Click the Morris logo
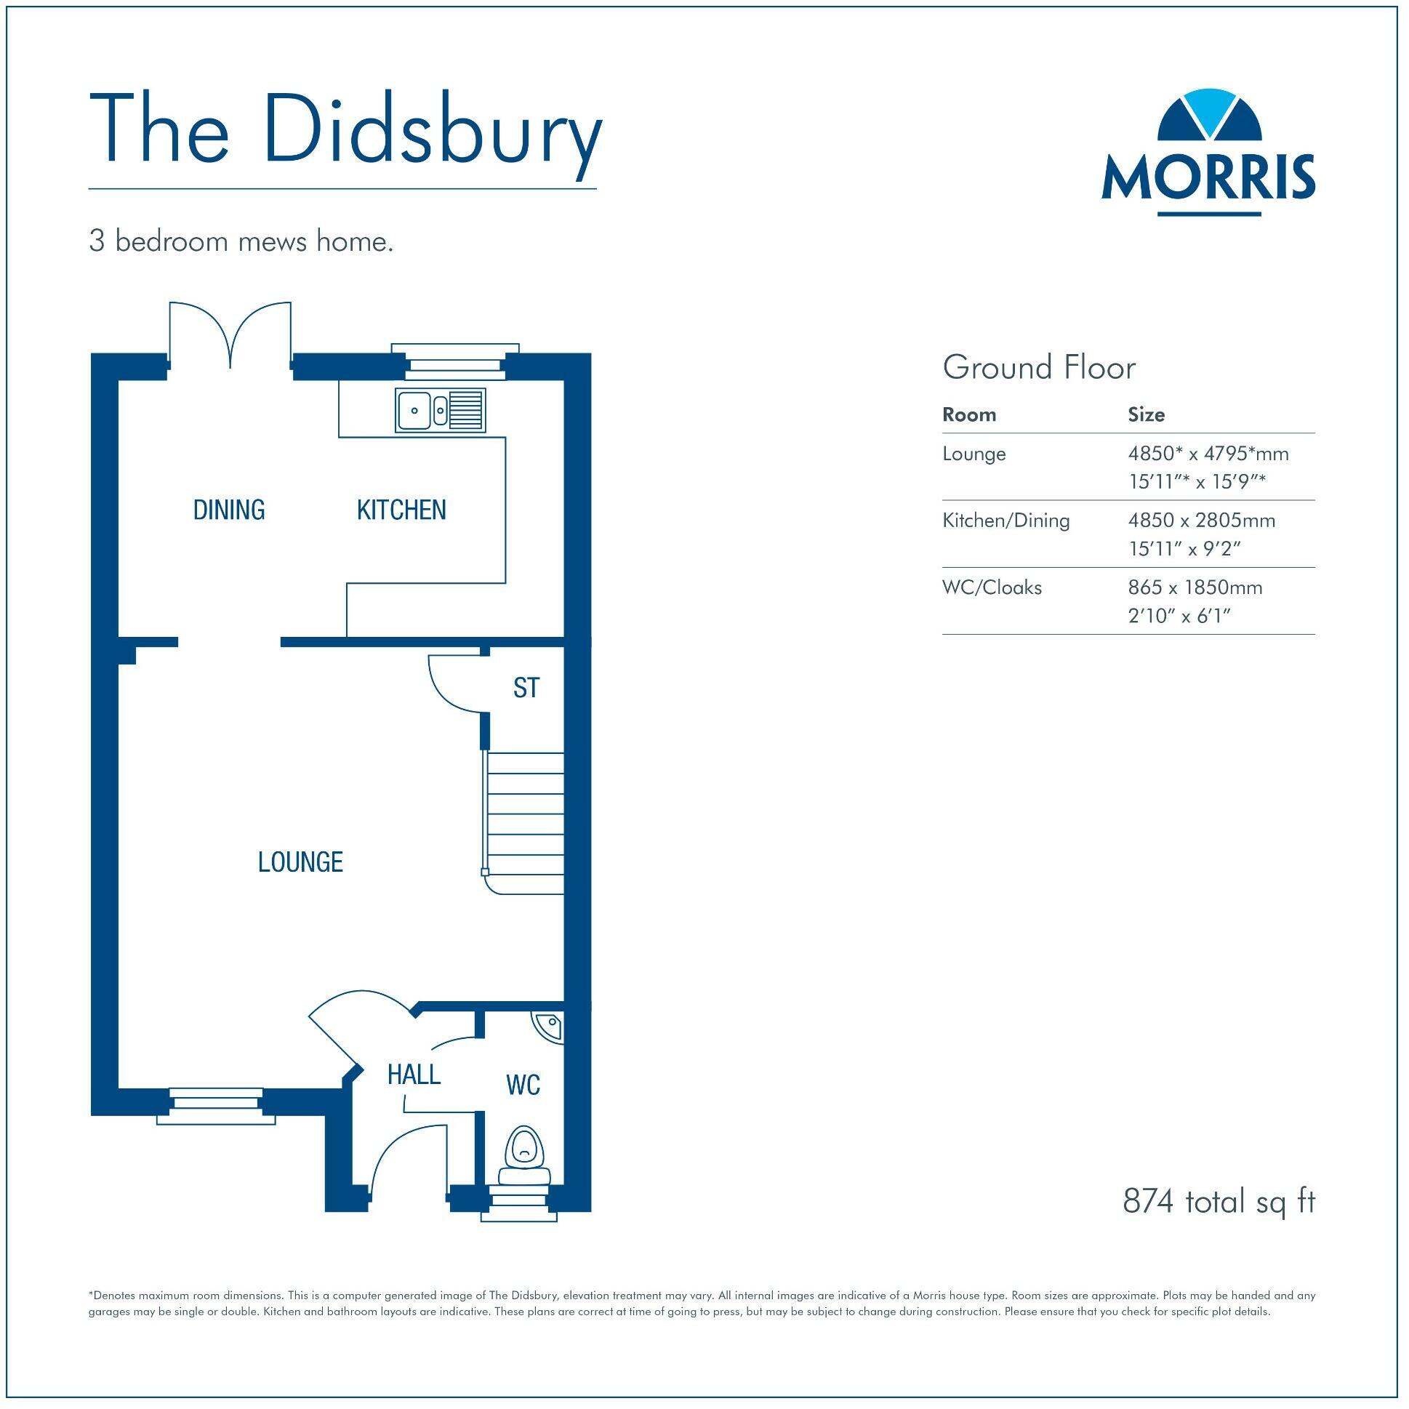click(1208, 153)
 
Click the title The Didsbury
click(345, 137)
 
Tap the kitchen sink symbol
click(441, 410)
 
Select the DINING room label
click(229, 510)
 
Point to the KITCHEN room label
click(401, 510)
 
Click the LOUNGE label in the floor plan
click(300, 862)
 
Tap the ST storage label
click(526, 688)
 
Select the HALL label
click(414, 1075)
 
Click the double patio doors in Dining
click(230, 335)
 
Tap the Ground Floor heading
click(1038, 368)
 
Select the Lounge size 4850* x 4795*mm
click(1208, 454)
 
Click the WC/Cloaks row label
click(992, 587)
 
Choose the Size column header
click(1146, 415)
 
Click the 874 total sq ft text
click(1218, 1201)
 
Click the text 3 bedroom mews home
click(241, 241)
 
